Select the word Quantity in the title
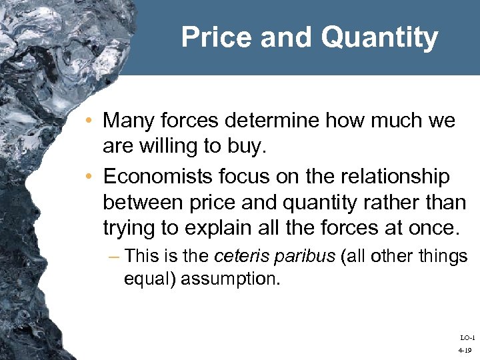pyautogui.click(x=379, y=38)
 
